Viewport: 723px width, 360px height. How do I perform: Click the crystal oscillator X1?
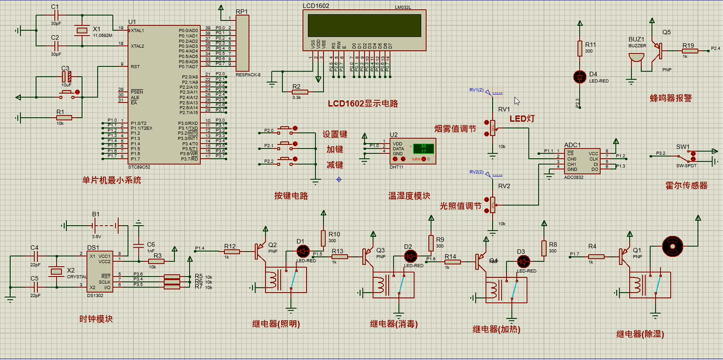tap(82, 31)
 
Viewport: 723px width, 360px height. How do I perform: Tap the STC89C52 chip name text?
tap(140, 167)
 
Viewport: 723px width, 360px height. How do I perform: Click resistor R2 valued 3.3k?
tap(296, 92)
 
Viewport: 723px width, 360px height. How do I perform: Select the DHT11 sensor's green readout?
tap(420, 149)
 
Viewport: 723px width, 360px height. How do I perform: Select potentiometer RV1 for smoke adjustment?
tap(493, 128)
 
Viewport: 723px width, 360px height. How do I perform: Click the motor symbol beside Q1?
tap(672, 247)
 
